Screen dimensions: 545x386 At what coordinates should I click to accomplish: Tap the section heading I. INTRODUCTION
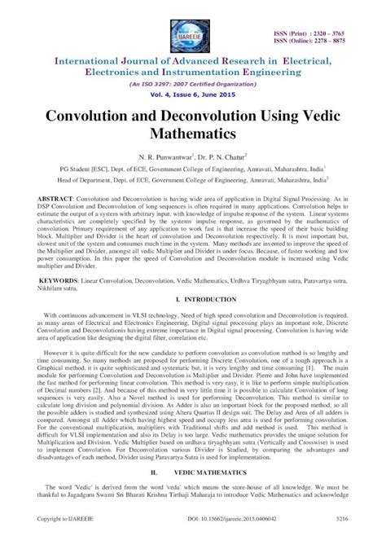pos(192,301)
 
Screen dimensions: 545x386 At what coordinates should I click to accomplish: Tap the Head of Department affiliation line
pos(192,180)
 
